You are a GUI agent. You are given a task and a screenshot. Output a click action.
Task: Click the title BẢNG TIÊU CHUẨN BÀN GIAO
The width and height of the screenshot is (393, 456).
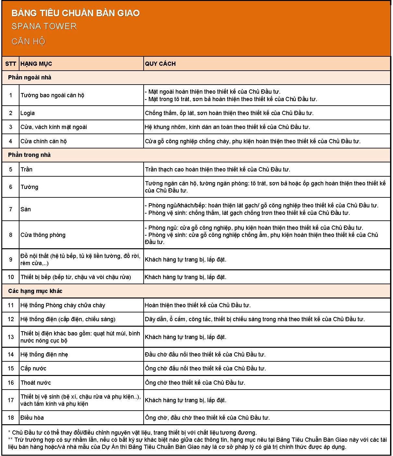click(x=76, y=13)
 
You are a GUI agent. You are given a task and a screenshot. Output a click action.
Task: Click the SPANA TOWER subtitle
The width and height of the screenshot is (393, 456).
click(x=44, y=26)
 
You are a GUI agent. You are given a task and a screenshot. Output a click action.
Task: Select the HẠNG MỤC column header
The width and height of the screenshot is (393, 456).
click(x=36, y=64)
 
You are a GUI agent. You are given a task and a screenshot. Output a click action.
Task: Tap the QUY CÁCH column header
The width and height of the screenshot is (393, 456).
click(x=160, y=64)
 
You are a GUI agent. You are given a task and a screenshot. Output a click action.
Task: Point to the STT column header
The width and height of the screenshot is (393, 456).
click(x=11, y=64)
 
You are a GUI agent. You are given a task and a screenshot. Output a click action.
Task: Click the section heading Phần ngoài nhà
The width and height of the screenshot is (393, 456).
click(x=30, y=77)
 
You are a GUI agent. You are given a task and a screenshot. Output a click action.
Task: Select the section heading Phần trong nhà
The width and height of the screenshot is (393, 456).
click(x=29, y=155)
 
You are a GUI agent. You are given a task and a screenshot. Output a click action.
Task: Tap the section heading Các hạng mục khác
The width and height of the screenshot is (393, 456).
click(x=35, y=291)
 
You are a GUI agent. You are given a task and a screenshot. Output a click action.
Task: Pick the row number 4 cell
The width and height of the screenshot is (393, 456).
click(x=11, y=141)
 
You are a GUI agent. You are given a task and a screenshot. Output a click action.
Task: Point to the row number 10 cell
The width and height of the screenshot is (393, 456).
click(x=11, y=277)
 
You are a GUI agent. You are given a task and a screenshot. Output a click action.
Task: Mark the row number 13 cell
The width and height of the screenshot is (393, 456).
click(x=11, y=337)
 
